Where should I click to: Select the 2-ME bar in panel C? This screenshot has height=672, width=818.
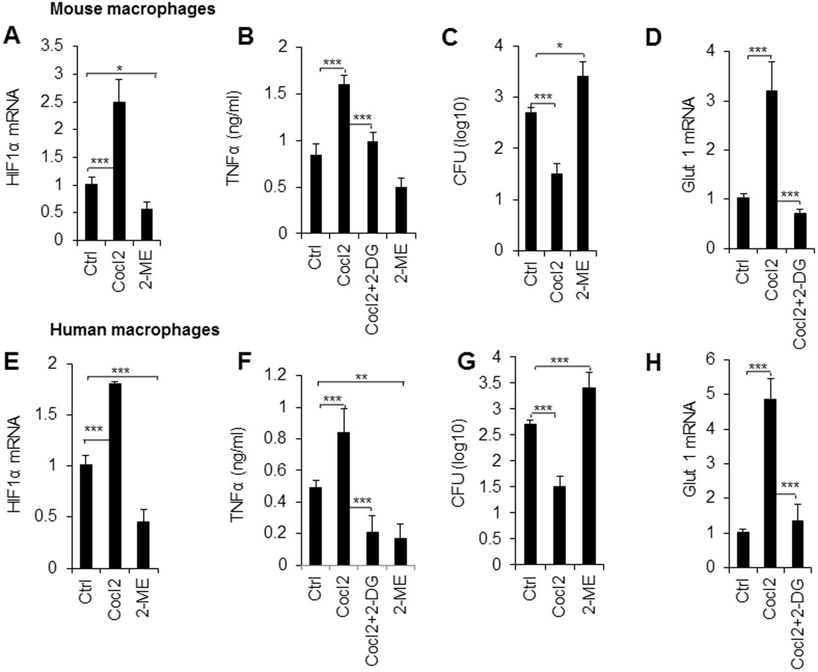tap(582, 164)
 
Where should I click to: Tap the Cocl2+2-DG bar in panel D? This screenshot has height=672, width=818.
tap(800, 231)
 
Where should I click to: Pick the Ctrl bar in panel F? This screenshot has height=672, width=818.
tap(315, 526)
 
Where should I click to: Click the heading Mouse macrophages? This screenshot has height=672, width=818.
tap(133, 8)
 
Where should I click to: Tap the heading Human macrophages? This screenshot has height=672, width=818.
tap(135, 329)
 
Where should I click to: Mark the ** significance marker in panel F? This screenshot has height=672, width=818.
tap(361, 377)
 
